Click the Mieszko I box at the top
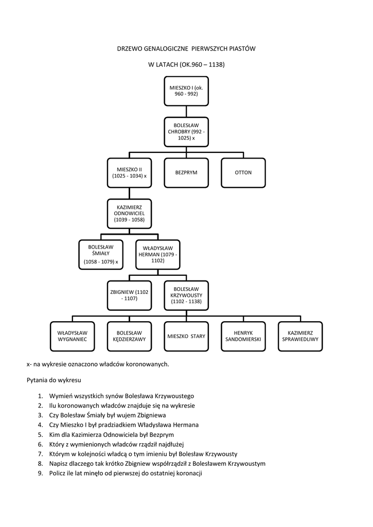click(186, 91)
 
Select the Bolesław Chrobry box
click(186, 132)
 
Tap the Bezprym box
click(186, 173)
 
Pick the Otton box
click(243, 173)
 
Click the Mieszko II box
click(129, 173)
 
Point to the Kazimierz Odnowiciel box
click(129, 214)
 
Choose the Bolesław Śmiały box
click(101, 254)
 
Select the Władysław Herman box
click(158, 254)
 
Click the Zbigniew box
click(129, 295)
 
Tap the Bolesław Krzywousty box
click(186, 295)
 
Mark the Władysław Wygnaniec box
click(72, 337)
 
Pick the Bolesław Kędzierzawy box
click(129, 337)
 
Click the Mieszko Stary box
click(186, 337)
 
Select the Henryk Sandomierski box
click(243, 337)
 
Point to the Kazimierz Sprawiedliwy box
click(300, 337)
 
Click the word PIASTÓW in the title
click(242, 48)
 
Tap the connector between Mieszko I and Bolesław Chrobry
click(186, 112)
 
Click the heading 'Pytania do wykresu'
click(54, 380)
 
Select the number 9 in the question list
click(40, 473)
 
